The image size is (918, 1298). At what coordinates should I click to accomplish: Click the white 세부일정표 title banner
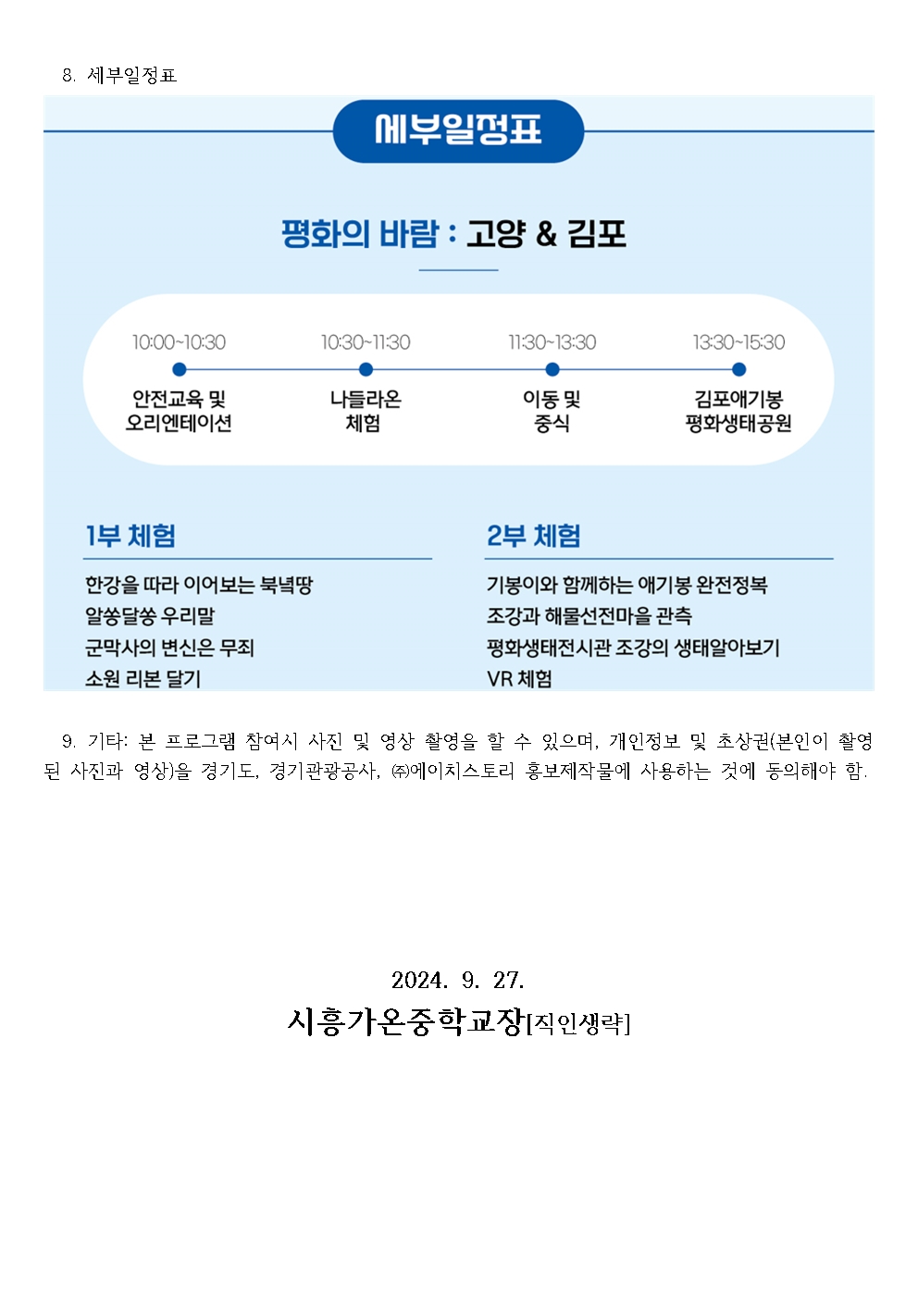click(458, 130)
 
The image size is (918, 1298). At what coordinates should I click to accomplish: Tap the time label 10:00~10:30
click(180, 342)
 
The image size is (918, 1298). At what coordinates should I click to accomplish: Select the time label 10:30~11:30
click(366, 342)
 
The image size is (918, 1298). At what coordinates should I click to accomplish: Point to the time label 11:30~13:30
click(552, 342)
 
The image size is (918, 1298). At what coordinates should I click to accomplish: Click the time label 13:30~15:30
click(738, 342)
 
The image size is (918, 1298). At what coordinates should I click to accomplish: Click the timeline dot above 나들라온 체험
click(366, 369)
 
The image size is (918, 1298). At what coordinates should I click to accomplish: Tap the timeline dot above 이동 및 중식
click(552, 369)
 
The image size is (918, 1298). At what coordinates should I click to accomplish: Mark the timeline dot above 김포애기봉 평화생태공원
click(738, 369)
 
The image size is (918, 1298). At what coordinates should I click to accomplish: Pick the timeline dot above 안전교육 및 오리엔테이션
click(180, 369)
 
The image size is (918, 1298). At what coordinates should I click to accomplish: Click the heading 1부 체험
click(130, 536)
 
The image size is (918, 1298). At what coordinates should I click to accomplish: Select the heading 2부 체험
click(533, 536)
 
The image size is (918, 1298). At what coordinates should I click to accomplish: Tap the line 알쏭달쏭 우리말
click(150, 615)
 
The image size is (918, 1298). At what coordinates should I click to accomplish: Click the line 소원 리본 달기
click(143, 678)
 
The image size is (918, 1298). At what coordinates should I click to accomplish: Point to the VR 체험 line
click(519, 678)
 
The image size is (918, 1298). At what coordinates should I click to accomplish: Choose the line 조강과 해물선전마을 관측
click(589, 615)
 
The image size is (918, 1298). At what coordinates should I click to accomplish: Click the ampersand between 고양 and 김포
click(546, 234)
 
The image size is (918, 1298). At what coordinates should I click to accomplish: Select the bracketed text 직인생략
click(577, 1024)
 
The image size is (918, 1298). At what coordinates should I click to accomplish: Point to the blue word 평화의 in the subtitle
click(326, 234)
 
